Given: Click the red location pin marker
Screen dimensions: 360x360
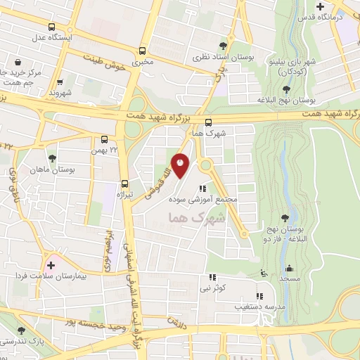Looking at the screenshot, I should (x=181, y=165).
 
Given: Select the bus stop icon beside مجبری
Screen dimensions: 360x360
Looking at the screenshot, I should (x=143, y=51).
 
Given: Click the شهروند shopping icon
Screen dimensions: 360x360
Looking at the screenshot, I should (x=60, y=82).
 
